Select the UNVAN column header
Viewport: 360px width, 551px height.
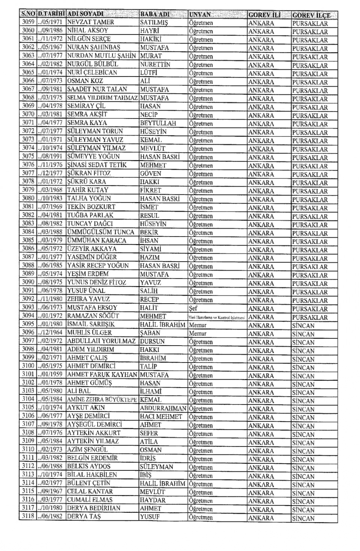click(200, 15)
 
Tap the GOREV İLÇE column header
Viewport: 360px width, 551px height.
click(311, 15)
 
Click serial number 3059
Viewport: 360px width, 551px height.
click(28, 22)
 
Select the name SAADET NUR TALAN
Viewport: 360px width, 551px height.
click(97, 89)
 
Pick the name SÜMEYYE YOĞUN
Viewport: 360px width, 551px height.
click(93, 156)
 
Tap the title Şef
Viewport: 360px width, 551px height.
click(193, 308)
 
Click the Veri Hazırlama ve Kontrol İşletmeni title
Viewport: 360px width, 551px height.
click(217, 317)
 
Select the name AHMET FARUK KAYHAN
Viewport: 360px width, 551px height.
click(102, 374)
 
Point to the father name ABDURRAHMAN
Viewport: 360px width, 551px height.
click(163, 408)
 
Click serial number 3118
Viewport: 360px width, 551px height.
click(28, 516)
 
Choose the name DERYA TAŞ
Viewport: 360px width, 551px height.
click(84, 517)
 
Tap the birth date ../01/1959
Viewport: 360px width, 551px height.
click(50, 374)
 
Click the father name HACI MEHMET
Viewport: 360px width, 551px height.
click(161, 416)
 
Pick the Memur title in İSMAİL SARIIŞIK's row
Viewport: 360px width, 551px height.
click(197, 325)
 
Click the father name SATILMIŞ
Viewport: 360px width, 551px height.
click(154, 22)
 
